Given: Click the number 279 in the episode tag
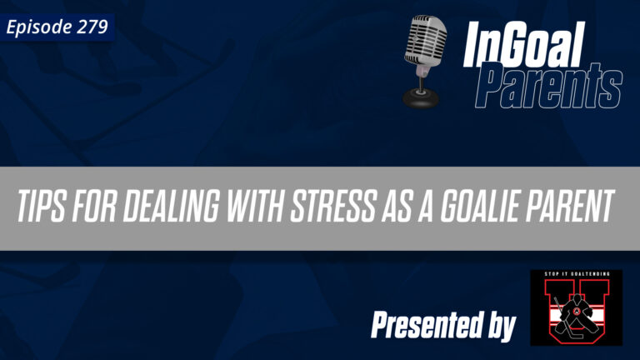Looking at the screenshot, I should pos(92,27).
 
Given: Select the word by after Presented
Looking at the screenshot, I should pos(496,327).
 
